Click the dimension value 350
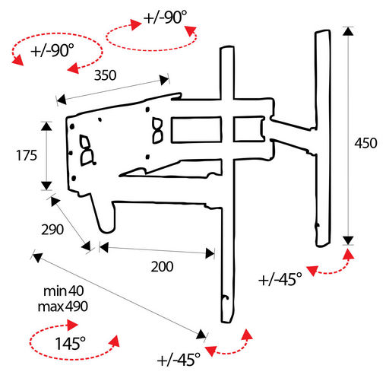(105, 75)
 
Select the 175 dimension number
(27, 155)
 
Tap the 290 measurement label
(52, 230)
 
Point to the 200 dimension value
(162, 267)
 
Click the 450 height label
(365, 143)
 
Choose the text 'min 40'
(64, 291)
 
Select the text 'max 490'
(63, 307)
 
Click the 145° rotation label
(71, 344)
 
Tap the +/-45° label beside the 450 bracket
(280, 279)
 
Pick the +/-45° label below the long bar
(179, 360)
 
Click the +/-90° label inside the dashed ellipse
(52, 50)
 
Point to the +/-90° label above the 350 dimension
(165, 17)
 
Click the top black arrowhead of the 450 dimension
(349, 31)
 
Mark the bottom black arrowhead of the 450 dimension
(349, 240)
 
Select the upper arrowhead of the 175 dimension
(46, 126)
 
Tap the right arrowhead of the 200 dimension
(210, 253)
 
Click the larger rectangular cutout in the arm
(196, 130)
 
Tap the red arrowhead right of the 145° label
(115, 340)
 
